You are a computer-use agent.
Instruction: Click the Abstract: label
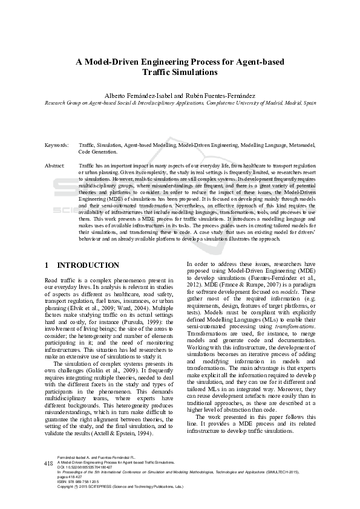(x=55, y=165)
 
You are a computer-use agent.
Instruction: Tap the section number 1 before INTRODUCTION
(x=48, y=265)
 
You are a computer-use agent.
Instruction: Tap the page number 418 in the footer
(x=49, y=480)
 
